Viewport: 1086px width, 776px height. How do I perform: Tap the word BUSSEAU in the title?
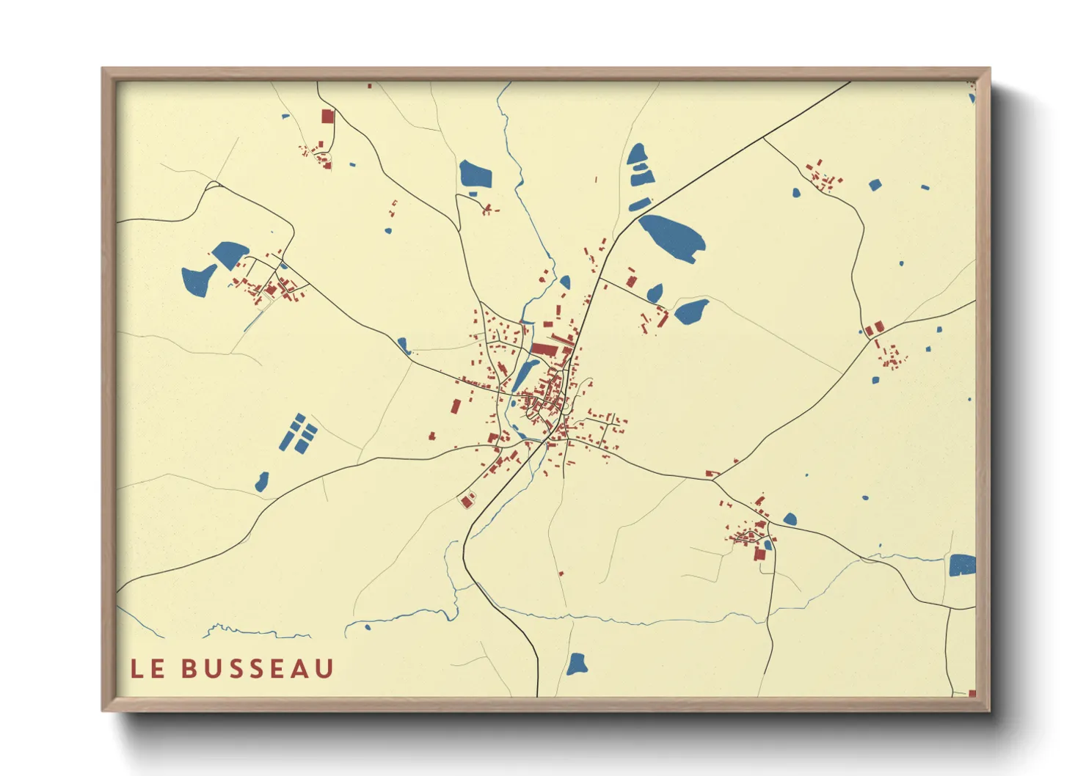258,668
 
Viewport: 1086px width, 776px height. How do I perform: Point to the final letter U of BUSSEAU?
324,668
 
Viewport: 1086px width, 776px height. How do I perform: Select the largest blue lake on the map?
673,237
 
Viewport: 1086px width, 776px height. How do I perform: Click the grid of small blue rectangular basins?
299,433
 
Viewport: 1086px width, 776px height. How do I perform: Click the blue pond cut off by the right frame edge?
962,565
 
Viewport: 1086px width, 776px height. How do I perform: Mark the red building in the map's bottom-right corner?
972,693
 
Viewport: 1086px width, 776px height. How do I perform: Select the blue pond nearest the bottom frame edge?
577,664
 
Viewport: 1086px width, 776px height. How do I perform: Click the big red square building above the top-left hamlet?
327,116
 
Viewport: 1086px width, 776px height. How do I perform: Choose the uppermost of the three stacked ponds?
636,155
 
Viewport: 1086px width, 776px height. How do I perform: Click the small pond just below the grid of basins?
262,482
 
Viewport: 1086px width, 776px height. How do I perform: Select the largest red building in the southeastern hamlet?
759,554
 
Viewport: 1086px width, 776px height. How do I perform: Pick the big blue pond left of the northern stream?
475,175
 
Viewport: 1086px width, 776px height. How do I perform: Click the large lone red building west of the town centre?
456,406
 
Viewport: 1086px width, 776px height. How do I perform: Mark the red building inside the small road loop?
467,501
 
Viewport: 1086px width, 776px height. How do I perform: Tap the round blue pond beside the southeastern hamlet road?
790,519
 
